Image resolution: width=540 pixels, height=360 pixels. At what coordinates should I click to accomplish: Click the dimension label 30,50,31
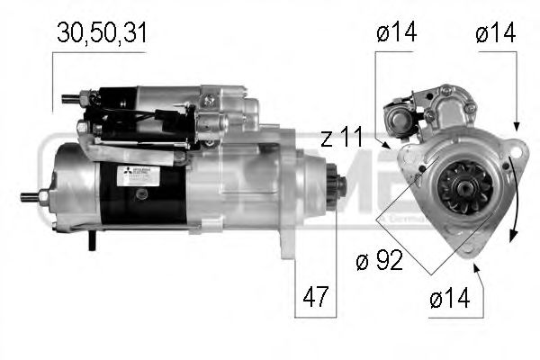[x=101, y=33]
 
